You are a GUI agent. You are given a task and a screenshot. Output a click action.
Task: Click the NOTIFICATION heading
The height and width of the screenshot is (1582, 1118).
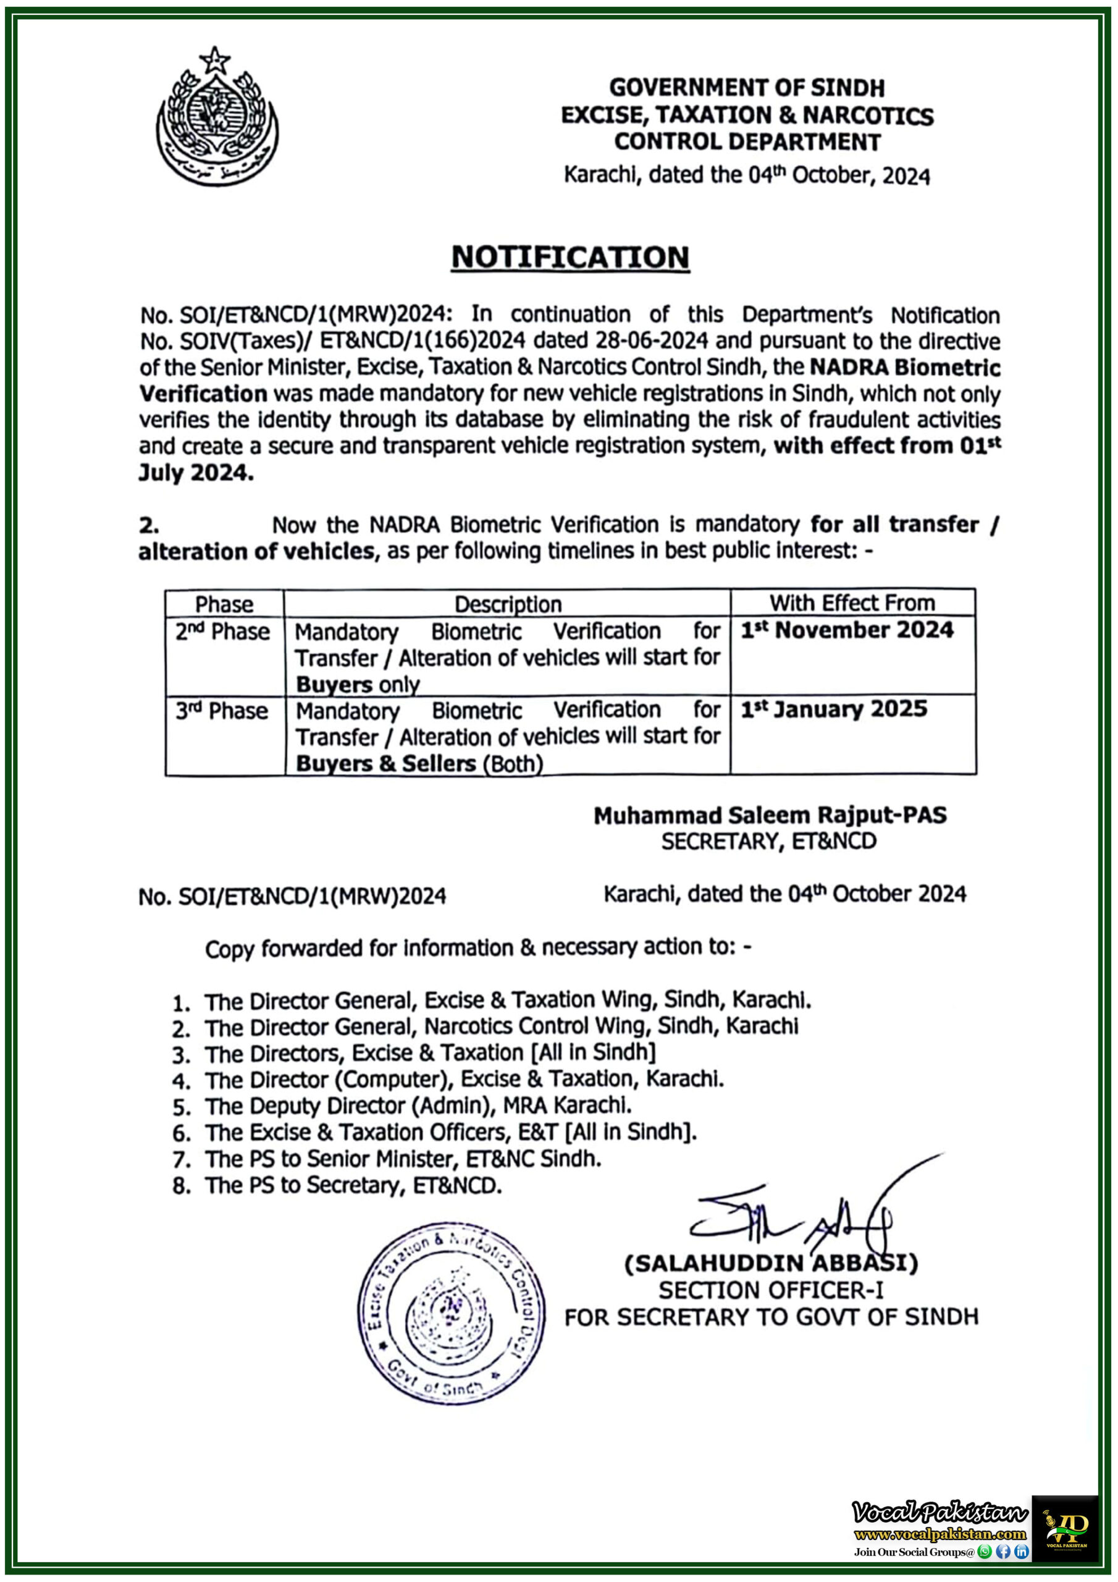[x=570, y=257]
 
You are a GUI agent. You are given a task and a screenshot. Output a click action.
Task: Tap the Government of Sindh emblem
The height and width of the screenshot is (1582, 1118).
[x=217, y=117]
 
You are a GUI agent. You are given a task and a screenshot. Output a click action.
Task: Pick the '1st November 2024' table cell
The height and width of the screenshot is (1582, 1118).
[x=847, y=630]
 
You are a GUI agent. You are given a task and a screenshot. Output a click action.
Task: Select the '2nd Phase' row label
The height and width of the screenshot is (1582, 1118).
[x=222, y=631]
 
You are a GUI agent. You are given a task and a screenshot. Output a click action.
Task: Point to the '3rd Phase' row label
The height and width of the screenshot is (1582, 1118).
[x=221, y=711]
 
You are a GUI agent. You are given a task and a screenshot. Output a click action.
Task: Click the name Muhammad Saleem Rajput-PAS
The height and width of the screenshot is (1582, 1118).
[x=770, y=815]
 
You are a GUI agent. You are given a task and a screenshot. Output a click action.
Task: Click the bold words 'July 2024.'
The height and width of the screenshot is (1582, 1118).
[x=196, y=473]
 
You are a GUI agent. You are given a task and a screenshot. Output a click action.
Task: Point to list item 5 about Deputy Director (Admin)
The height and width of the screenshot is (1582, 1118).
[x=418, y=1106]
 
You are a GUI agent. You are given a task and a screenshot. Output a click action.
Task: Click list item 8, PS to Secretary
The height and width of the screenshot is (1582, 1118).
[x=353, y=1185]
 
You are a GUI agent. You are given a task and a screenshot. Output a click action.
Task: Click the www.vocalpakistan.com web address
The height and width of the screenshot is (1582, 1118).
[x=939, y=1534]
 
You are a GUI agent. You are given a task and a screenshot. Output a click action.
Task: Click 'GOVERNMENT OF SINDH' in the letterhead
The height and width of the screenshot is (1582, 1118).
[x=747, y=88]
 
